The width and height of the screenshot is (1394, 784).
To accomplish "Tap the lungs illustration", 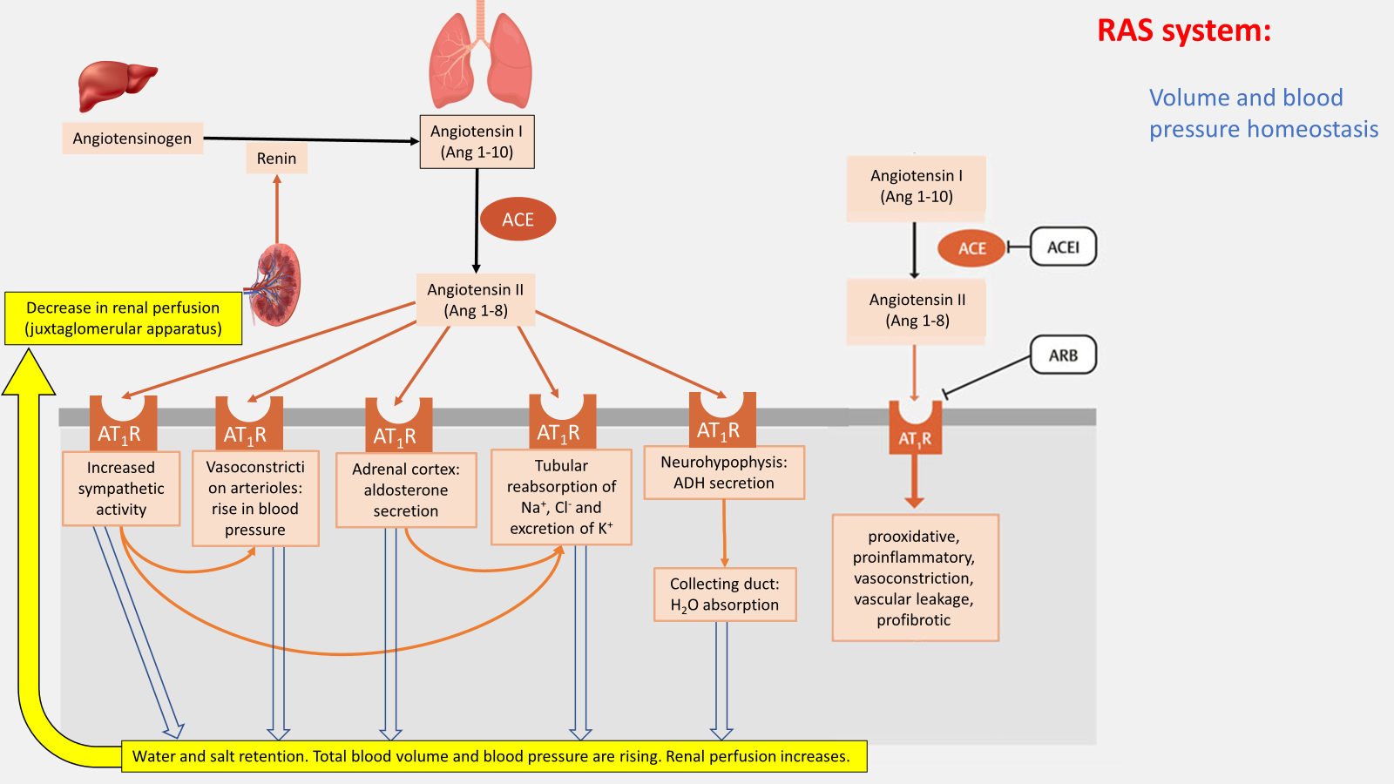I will pos(480,61).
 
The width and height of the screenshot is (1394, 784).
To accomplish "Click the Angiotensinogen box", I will pos(132,139).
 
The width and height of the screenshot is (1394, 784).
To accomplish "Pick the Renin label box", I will pos(276,159).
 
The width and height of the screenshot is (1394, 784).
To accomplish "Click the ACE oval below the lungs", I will pos(518,220).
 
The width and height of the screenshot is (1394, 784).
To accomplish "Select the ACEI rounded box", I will pos(1063,247).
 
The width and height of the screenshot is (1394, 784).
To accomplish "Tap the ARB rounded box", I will pos(1063,355).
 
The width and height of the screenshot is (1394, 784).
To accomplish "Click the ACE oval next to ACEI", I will pos(971,248).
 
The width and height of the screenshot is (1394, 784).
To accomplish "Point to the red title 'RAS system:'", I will pos(1183,31).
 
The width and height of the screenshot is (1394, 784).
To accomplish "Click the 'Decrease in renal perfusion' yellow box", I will pos(123,318).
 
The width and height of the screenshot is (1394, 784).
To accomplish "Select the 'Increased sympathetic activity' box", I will pos(121,489).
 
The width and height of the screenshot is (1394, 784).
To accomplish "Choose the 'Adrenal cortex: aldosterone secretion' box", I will pos(406,490).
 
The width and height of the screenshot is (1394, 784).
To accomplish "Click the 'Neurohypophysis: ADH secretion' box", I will pos(724,473).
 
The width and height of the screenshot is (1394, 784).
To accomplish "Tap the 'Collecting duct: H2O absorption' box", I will pos(725,594).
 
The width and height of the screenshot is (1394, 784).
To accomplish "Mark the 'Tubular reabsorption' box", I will pos(561,497).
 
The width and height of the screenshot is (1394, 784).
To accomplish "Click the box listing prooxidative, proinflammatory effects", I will pos(915,578).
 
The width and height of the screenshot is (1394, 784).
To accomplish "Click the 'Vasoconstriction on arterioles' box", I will pos(255,498).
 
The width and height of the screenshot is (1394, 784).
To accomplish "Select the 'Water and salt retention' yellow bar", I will pos(493,756).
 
